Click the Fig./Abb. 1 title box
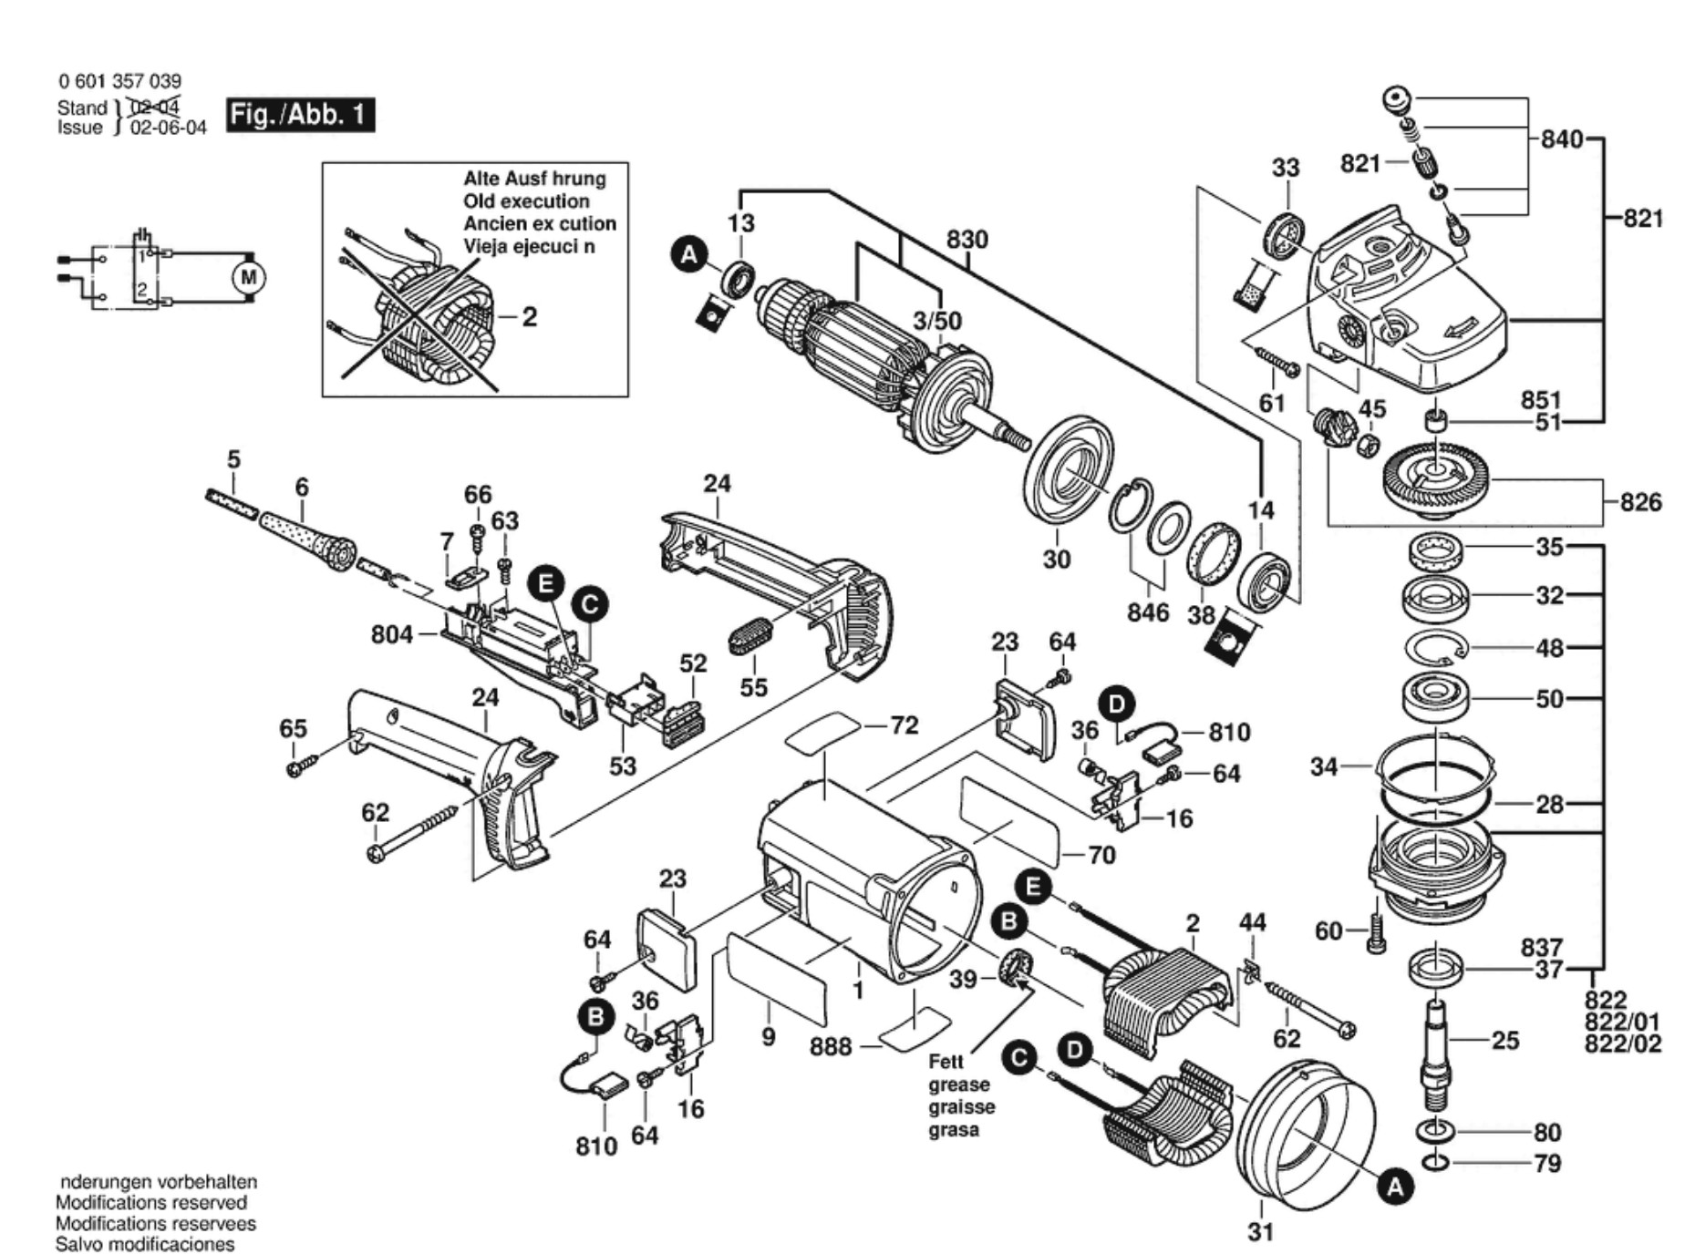(x=300, y=115)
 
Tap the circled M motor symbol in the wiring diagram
(x=248, y=277)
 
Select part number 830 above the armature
(x=967, y=240)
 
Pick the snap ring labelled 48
(x=1435, y=649)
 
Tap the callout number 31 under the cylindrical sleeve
(x=1260, y=1231)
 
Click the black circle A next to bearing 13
(x=689, y=254)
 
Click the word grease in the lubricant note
(x=958, y=1084)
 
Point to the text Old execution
(x=526, y=201)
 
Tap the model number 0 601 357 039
(x=119, y=81)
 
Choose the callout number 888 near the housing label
(x=831, y=1046)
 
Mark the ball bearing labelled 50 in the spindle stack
(x=1435, y=697)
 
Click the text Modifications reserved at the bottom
(x=151, y=1203)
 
